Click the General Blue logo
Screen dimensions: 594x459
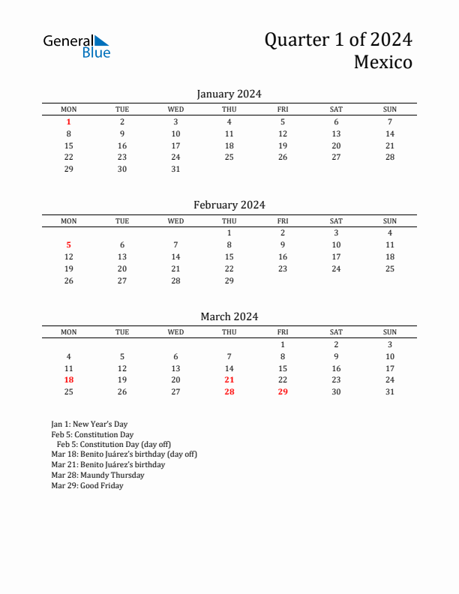pos(76,46)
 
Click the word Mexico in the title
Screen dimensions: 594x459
pos(382,62)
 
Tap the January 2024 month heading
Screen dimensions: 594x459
pos(229,94)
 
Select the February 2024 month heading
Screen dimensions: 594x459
pos(229,205)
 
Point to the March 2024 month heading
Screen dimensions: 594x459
pos(229,316)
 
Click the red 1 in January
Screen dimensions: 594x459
pos(69,121)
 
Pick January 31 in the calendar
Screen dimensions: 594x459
pos(175,169)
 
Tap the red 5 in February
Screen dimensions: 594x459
pos(69,244)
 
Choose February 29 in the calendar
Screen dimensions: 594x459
pos(229,280)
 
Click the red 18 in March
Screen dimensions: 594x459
pos(69,380)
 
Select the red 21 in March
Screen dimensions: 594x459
pos(229,380)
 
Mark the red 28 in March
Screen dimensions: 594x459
pos(229,391)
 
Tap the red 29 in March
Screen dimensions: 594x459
pos(283,391)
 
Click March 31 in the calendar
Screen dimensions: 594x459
pos(390,391)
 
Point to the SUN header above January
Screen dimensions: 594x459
pos(390,109)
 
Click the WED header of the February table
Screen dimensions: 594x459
pos(175,221)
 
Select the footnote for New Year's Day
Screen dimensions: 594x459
pos(89,424)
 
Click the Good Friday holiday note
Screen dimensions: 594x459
pos(87,486)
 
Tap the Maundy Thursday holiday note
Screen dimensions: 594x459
pos(97,475)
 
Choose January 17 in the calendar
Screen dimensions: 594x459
pos(175,145)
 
